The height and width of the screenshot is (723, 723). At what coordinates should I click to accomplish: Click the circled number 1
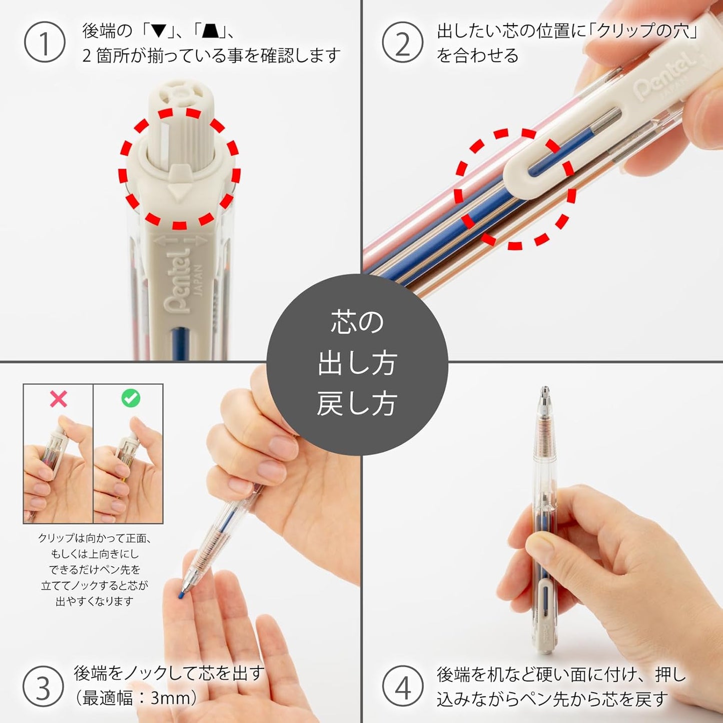45,42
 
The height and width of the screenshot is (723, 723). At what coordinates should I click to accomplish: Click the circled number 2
403,42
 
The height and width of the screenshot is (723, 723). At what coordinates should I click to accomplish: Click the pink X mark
59,398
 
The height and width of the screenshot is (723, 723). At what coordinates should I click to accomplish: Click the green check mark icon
131,398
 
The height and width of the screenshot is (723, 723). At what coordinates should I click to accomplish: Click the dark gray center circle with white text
357,364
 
